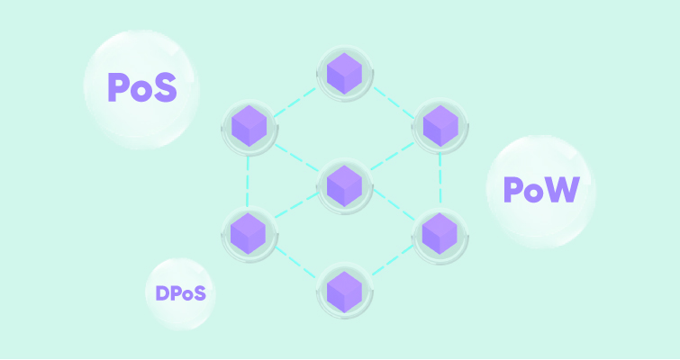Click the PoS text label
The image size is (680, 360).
tap(142, 87)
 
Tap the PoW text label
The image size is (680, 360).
tap(541, 190)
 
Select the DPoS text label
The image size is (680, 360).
tap(180, 293)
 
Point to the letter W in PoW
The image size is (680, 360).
tap(563, 189)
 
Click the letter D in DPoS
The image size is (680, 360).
tap(162, 293)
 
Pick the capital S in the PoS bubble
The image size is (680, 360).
tap(165, 87)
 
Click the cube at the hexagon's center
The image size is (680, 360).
tap(344, 185)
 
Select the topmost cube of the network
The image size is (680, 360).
tap(344, 74)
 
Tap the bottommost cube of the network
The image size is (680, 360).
tap(344, 292)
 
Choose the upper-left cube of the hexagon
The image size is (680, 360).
tap(249, 126)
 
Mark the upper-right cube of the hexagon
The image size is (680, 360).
tap(440, 126)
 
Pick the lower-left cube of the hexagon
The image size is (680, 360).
tap(248, 233)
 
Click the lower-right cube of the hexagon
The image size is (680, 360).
tap(440, 233)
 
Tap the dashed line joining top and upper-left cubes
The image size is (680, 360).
tap(295, 103)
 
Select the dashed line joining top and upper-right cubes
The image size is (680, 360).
tap(394, 103)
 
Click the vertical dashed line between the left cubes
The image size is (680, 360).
tap(248, 181)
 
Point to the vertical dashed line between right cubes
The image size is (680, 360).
tap(440, 177)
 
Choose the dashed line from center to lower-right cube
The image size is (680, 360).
tap(394, 204)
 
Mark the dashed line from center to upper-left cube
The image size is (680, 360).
tap(297, 157)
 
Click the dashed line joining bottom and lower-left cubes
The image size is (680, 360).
tap(295, 263)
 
